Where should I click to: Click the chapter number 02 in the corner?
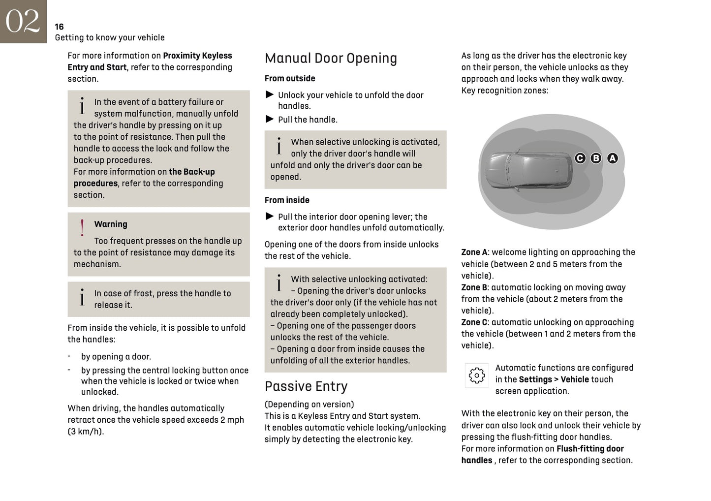[x=23, y=21]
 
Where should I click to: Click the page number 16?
[x=59, y=27]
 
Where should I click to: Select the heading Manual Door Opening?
[x=331, y=58]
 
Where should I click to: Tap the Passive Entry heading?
[x=306, y=386]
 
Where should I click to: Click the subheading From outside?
[x=289, y=78]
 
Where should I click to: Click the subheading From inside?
[x=287, y=200]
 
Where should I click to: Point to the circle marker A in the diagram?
[x=612, y=158]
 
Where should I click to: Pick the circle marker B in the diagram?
[x=596, y=158]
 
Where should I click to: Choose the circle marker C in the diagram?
[x=580, y=158]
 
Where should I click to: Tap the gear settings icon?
[x=476, y=376]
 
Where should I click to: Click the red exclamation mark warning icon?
[x=82, y=228]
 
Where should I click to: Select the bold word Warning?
[x=111, y=224]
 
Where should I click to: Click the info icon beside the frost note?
[x=82, y=297]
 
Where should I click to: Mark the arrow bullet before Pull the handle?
[x=269, y=119]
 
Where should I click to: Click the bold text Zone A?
[x=474, y=252]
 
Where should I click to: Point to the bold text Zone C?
[x=474, y=322]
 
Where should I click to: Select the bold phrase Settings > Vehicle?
[x=554, y=379]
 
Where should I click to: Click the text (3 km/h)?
[x=86, y=432]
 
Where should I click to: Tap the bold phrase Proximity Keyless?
[x=197, y=56]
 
